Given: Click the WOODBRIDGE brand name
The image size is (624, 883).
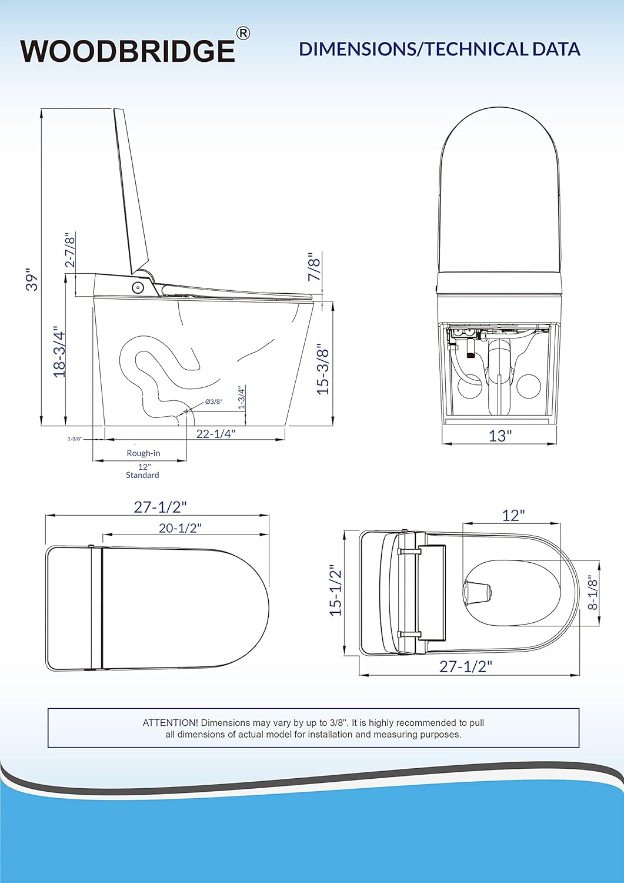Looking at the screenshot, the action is click(128, 51).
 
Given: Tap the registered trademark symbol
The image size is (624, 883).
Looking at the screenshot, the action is click(243, 34).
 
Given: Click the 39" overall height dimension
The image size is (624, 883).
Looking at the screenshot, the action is click(32, 280).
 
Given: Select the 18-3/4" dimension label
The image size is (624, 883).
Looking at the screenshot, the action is click(59, 351).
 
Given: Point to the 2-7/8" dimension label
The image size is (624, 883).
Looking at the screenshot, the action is click(71, 250).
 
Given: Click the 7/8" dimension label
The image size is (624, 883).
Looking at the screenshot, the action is click(315, 267).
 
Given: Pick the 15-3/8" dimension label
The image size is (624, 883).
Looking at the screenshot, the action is click(323, 368).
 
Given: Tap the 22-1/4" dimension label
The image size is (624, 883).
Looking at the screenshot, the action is click(216, 433).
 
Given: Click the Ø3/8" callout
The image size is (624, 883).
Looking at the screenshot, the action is click(213, 401).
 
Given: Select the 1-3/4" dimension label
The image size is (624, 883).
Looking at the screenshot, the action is click(242, 397).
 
